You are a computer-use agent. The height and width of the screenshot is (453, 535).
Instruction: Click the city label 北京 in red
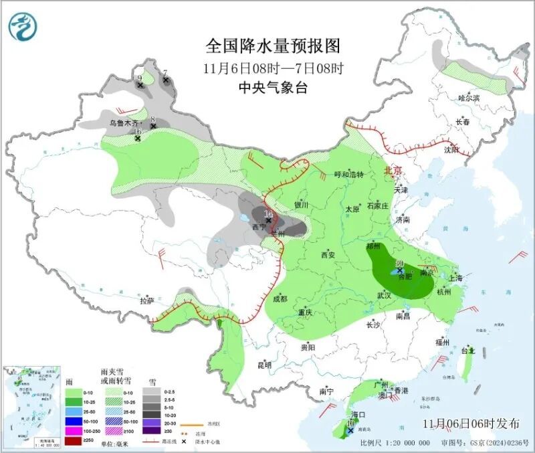coord(393,171)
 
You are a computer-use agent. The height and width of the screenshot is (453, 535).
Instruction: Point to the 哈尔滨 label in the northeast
coord(469,98)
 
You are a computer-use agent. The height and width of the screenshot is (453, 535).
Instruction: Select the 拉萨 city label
coord(146,301)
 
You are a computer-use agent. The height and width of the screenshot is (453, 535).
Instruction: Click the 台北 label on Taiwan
coord(467,350)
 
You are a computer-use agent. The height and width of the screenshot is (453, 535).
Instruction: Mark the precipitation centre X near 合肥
coord(400,271)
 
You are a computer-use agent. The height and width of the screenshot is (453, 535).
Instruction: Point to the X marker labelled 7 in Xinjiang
coord(166,80)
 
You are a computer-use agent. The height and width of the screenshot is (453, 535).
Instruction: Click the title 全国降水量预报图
coord(273,46)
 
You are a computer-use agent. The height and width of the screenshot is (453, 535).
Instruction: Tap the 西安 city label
coord(327,254)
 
